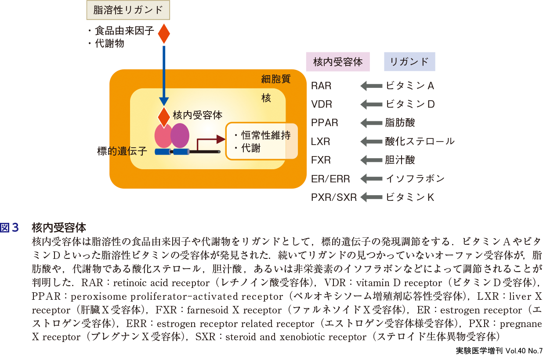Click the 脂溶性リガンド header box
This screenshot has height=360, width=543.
(128, 10)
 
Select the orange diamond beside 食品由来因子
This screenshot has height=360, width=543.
(164, 34)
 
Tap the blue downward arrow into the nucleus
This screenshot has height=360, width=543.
(164, 75)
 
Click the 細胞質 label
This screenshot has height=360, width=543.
(276, 79)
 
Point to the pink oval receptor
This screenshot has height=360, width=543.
(163, 137)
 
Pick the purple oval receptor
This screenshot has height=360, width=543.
(180, 135)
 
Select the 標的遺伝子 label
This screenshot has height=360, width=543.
(122, 152)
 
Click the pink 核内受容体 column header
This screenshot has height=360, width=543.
(338, 62)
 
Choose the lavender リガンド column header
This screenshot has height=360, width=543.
(409, 62)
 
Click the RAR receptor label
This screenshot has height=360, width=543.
(321, 86)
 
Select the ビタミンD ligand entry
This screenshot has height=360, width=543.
(410, 105)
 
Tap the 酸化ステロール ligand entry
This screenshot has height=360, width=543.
(420, 142)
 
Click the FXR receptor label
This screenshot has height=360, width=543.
(321, 160)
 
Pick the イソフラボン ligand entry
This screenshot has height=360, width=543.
(415, 178)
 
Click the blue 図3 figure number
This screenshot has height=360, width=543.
(10, 228)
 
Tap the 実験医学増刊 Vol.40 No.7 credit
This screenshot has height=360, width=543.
(499, 351)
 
